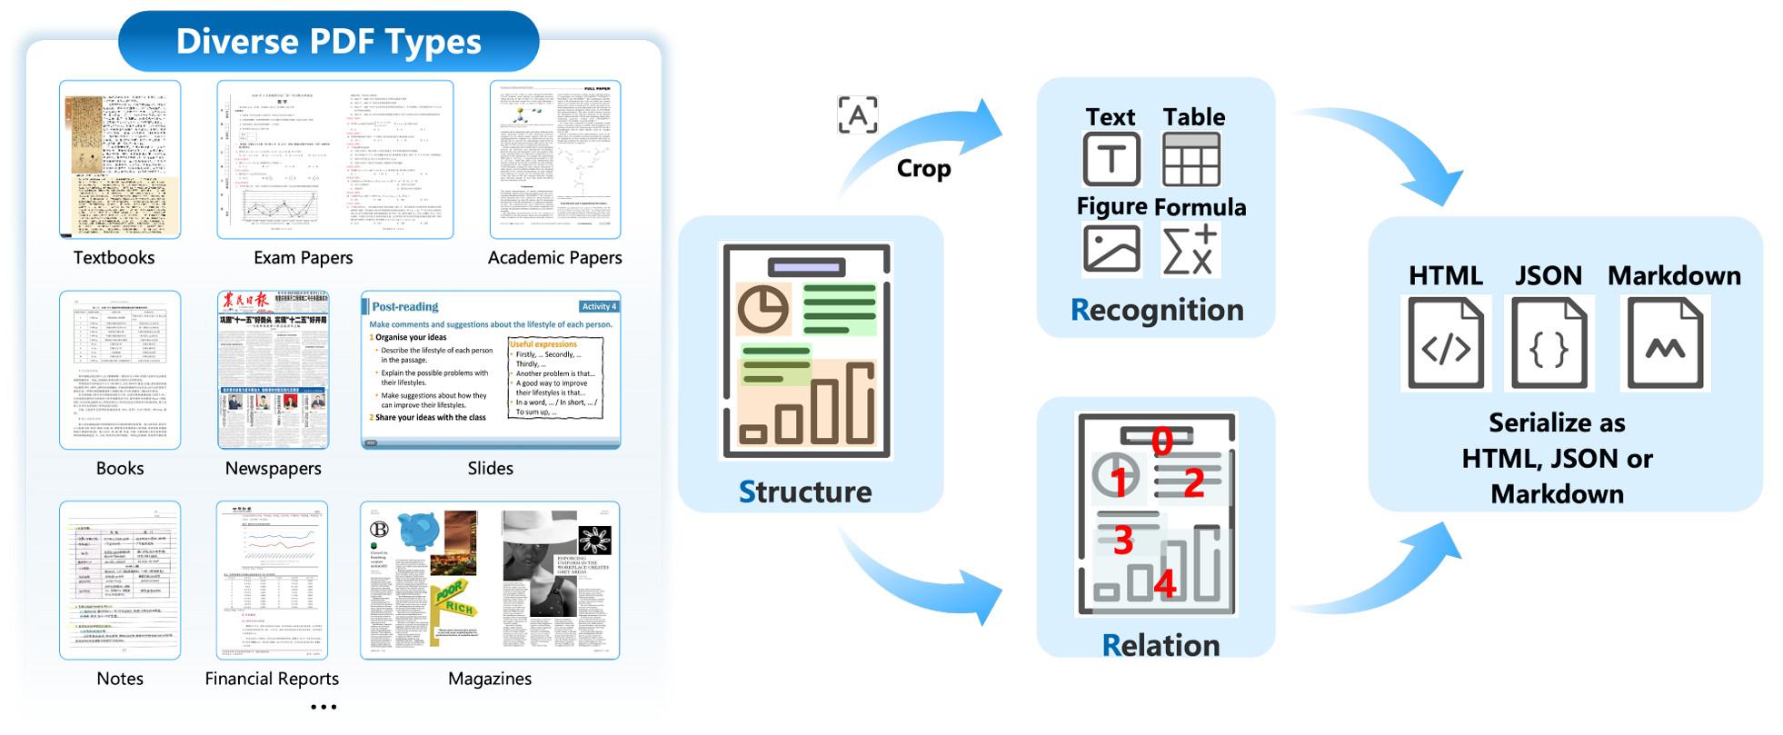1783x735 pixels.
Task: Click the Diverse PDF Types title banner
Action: [328, 42]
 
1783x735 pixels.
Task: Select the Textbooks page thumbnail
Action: [120, 159]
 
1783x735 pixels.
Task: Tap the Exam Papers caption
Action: [303, 258]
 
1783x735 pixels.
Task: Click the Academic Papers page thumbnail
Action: [555, 159]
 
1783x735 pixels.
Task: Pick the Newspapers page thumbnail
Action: [273, 370]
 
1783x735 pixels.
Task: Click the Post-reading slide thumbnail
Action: [491, 370]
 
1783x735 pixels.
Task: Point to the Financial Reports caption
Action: [272, 679]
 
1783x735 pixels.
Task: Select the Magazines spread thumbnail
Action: [490, 580]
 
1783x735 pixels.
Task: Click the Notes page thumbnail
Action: [120, 580]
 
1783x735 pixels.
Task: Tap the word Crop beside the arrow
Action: [923, 169]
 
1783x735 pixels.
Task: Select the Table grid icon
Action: [1190, 160]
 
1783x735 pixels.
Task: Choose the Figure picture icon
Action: [1111, 249]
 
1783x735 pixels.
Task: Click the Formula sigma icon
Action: [1190, 250]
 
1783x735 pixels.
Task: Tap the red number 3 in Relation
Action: [1122, 540]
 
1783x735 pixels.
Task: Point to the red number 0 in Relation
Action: [1161, 442]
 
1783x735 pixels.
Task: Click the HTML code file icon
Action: [1445, 343]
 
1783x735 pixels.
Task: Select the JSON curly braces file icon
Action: [1549, 343]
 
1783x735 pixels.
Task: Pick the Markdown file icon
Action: [1665, 343]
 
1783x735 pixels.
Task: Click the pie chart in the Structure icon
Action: [762, 310]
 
